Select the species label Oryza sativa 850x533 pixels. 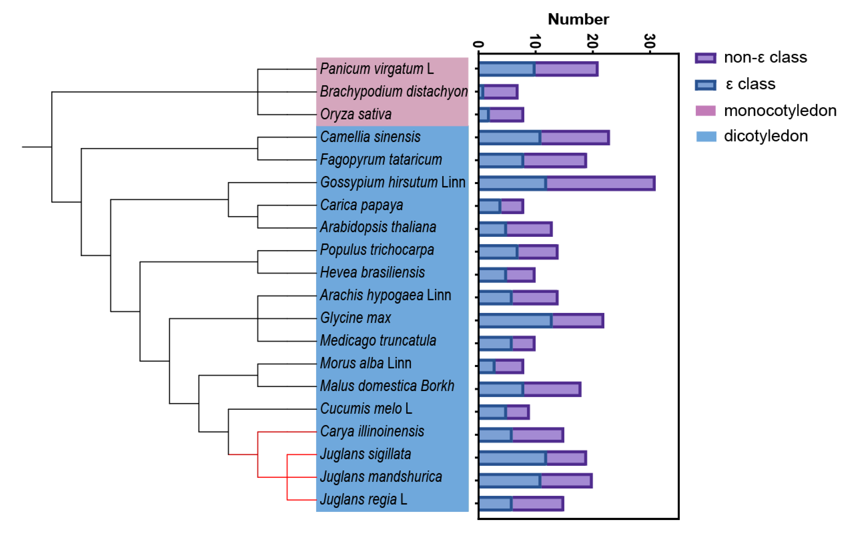point(356,114)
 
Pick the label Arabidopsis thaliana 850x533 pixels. point(378,227)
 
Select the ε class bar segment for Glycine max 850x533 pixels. point(515,320)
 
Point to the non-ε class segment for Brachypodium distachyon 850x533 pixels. point(500,92)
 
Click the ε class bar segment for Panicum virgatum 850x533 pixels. point(507,69)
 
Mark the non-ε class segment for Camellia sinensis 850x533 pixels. point(575,137)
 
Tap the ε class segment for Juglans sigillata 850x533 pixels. point(513,458)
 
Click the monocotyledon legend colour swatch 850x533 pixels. point(706,111)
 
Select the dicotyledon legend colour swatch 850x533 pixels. point(706,136)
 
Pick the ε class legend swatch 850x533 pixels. point(705,85)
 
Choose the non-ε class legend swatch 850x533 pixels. point(705,58)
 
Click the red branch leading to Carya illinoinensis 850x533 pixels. point(287,432)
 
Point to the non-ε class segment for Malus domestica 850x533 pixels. point(552,389)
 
